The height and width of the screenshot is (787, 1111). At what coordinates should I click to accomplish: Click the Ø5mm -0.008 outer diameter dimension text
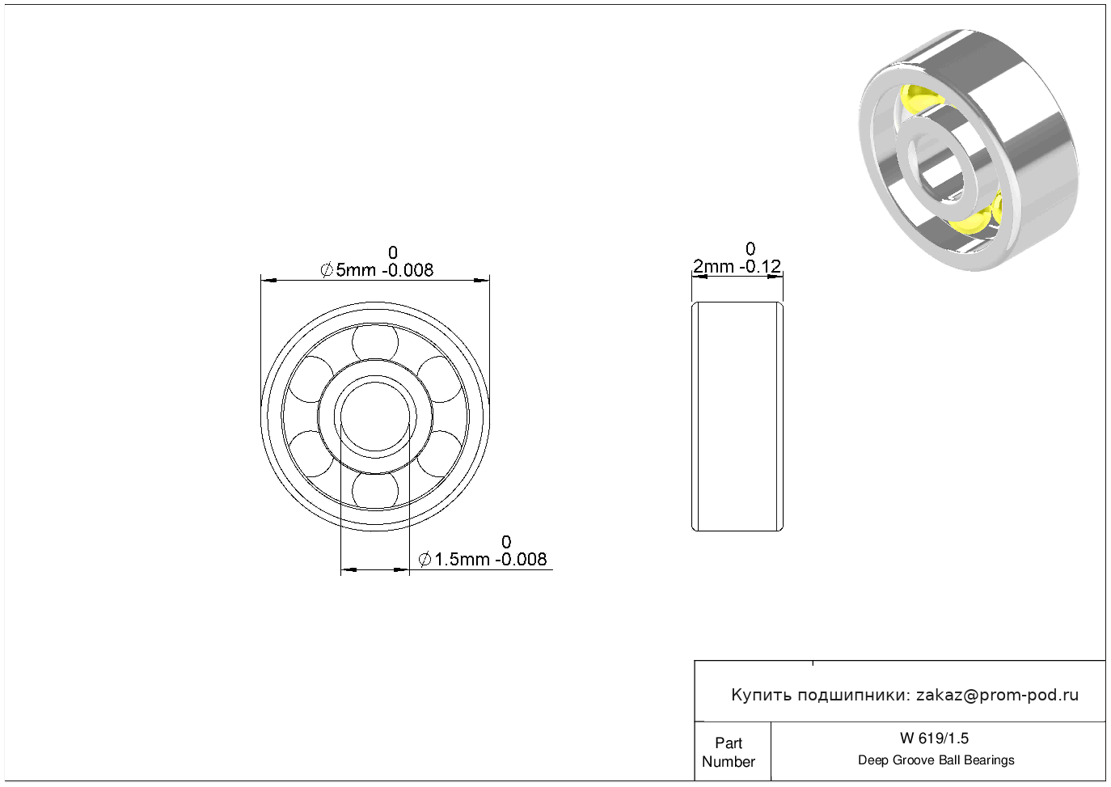(x=377, y=270)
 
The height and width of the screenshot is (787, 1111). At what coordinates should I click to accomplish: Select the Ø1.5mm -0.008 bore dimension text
(x=483, y=560)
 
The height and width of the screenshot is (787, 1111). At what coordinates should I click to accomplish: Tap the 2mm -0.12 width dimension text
(x=737, y=267)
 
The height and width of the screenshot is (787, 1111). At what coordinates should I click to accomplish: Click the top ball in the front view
(x=375, y=342)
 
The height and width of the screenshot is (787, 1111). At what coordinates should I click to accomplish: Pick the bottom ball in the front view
(x=375, y=491)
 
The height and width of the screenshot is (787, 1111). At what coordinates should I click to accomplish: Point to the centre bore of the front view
(x=375, y=417)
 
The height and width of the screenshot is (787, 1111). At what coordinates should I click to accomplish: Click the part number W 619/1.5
(x=935, y=738)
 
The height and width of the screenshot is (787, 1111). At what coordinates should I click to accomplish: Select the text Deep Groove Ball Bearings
(x=936, y=760)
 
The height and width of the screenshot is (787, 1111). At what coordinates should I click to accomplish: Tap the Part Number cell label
(x=728, y=752)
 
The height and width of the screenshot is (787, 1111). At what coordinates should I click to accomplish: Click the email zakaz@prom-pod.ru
(x=998, y=695)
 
